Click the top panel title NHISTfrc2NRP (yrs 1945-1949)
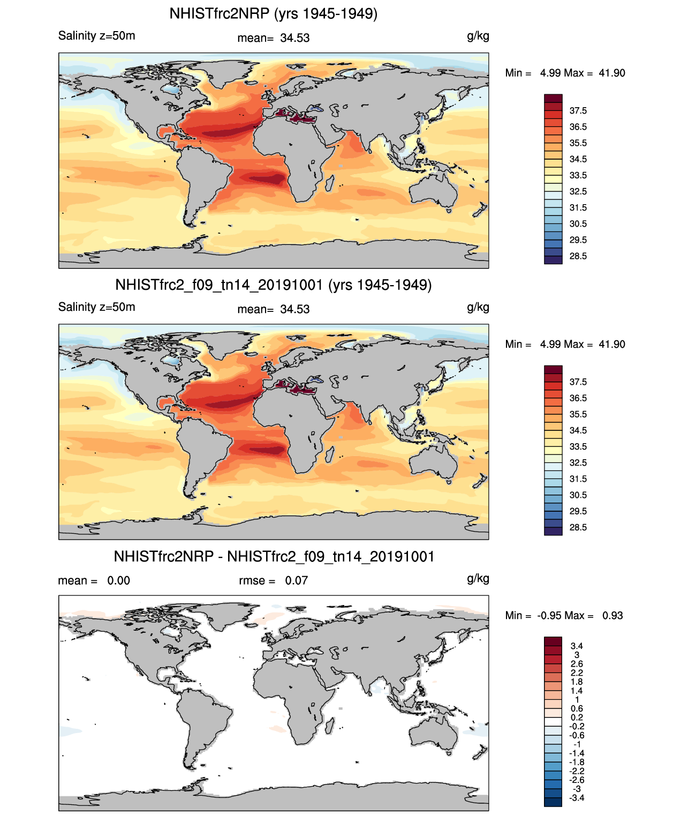click(273, 13)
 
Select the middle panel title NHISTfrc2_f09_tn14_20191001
click(273, 285)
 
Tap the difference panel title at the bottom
click(274, 556)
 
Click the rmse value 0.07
click(296, 580)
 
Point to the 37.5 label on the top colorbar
click(578, 111)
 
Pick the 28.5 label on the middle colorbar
click(578, 527)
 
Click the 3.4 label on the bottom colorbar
click(577, 646)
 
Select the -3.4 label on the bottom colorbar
click(577, 798)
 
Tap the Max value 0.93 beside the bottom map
click(613, 615)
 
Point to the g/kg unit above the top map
click(478, 36)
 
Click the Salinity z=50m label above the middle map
click(96, 307)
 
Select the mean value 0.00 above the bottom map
click(118, 580)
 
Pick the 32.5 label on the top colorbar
click(578, 191)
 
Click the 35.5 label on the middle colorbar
click(578, 414)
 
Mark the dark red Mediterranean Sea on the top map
click(294, 117)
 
